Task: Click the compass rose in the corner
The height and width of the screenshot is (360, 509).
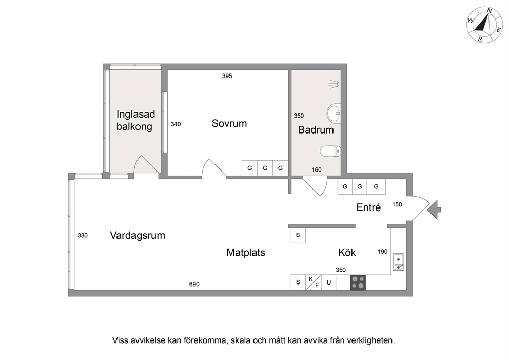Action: (x=485, y=25)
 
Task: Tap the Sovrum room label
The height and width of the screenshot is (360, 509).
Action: (x=229, y=123)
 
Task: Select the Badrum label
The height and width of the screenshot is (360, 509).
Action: (x=316, y=130)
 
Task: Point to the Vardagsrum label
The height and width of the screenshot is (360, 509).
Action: (x=138, y=235)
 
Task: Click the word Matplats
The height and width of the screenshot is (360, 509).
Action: (x=246, y=253)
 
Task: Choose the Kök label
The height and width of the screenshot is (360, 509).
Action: (x=347, y=253)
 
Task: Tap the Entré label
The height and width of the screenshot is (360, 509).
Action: (x=368, y=207)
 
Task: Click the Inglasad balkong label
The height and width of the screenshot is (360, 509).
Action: (x=135, y=120)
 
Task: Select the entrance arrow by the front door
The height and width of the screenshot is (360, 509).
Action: (x=434, y=210)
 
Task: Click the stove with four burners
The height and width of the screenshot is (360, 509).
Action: (x=358, y=282)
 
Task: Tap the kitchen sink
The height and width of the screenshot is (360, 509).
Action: (x=398, y=262)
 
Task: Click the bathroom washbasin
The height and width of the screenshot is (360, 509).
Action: (x=334, y=113)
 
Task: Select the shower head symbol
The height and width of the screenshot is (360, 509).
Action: (x=334, y=84)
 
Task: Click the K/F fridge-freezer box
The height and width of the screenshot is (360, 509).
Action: (x=314, y=282)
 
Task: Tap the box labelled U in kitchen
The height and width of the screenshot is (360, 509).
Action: (x=329, y=282)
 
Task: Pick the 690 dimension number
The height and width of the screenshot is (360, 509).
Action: (x=194, y=285)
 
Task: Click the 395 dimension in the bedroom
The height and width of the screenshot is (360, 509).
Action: (x=227, y=76)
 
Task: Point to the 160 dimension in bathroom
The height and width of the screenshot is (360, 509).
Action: (x=317, y=169)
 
